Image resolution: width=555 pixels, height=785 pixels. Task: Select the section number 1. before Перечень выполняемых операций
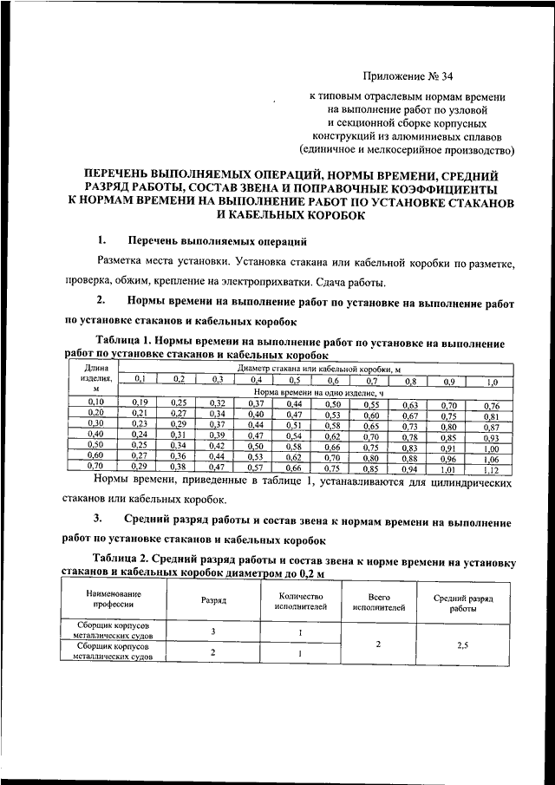point(101,240)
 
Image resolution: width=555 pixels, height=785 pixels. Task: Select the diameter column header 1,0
point(492,381)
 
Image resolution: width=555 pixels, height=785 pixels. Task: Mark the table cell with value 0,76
point(492,405)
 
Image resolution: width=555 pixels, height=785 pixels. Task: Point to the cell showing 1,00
point(493,448)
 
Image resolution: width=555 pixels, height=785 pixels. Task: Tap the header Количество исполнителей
point(301,603)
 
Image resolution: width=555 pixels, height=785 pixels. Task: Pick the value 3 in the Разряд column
point(212,631)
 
